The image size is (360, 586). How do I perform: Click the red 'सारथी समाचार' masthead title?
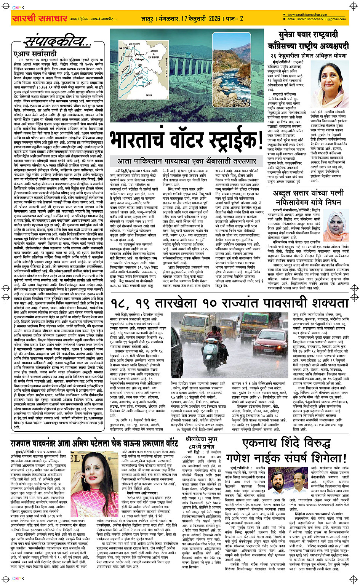point(40,18)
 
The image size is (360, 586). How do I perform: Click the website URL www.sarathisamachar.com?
point(305,15)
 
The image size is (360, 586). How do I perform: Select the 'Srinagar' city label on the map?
point(140,59)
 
